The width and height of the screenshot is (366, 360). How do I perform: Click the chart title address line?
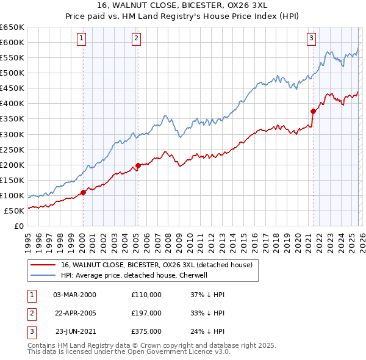pyautogui.click(x=182, y=5)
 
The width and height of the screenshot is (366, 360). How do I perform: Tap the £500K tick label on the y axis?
pyautogui.click(x=12, y=73)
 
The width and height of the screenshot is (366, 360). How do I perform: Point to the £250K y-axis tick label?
pyautogui.click(x=12, y=149)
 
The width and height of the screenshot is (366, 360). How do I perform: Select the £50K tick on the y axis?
pyautogui.click(x=14, y=211)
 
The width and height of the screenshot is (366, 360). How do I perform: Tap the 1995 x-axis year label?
pyautogui.click(x=28, y=238)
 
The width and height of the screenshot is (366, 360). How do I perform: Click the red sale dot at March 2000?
pyautogui.click(x=83, y=192)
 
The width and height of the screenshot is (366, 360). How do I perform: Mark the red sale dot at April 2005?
pyautogui.click(x=138, y=165)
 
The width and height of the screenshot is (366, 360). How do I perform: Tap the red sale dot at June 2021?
pyautogui.click(x=313, y=111)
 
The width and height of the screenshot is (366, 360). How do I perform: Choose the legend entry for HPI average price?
pyautogui.click(x=134, y=275)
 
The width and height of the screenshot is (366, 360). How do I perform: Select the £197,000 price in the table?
pyautogui.click(x=146, y=313)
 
